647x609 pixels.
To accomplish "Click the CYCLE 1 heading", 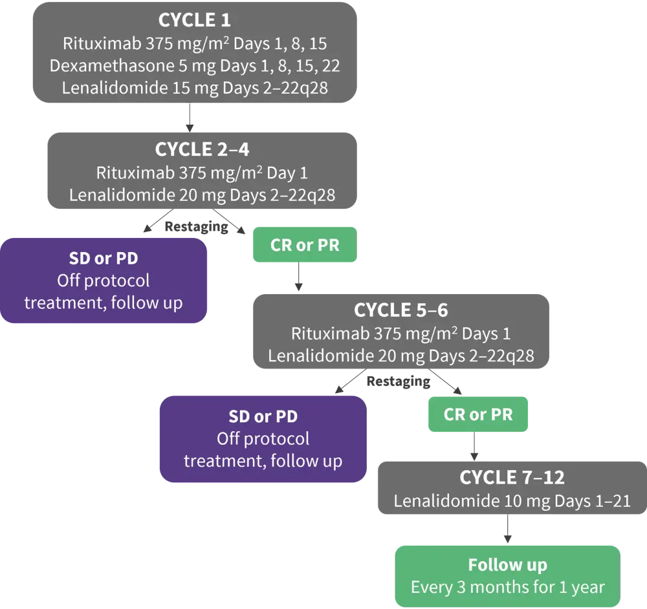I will pos(195,20).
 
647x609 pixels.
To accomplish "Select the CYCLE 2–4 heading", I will pos(202,149).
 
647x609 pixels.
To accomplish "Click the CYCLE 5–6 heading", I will pos(400,310).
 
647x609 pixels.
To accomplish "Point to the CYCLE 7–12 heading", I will pos(512,478).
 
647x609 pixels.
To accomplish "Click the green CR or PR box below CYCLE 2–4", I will pos(304,246).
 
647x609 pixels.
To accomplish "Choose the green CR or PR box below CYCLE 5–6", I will pos(477,414).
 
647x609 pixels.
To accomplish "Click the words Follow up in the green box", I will pos(507,565).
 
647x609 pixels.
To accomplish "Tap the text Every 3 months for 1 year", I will pos(507,588).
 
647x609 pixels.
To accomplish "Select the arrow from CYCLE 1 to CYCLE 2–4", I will pos(188,116).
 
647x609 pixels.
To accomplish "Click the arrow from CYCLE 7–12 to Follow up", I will pos(509,529).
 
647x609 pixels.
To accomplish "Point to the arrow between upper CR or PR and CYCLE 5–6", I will pos(298,276).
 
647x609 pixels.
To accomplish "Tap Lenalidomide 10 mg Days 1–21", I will pos(512,501).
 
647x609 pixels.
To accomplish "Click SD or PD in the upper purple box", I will pos(104,259).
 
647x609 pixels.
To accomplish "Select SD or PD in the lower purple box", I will pos(263,416).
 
